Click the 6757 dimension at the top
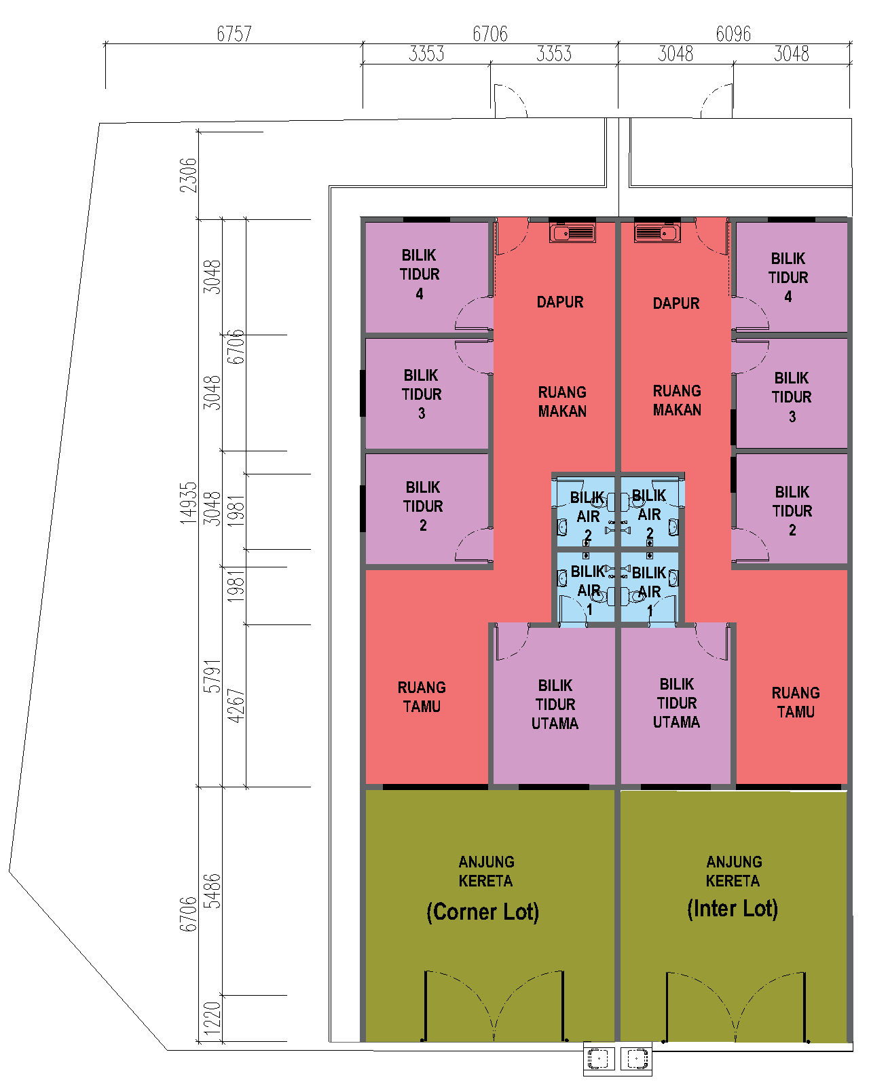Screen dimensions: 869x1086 coord(234,34)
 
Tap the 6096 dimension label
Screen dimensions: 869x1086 coord(733,34)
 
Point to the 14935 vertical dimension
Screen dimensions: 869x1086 coord(188,503)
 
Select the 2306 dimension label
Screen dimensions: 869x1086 coord(188,175)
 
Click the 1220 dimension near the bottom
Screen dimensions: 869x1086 coord(212,1018)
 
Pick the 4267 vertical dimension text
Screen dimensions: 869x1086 coord(236,705)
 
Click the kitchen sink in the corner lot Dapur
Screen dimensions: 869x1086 coord(572,233)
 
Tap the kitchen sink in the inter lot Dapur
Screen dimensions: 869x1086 coord(657,233)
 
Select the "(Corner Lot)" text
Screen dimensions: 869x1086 coord(483,912)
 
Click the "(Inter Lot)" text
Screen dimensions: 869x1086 coord(733,909)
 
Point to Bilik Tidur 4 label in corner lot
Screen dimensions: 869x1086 coord(420,274)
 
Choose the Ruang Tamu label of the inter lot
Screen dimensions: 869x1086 coord(796,702)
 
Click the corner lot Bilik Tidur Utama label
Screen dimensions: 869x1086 coord(555,704)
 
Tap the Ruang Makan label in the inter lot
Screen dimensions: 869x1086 coord(677,400)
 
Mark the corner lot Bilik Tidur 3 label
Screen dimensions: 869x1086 coord(422,394)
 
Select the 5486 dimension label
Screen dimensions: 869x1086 coord(212,891)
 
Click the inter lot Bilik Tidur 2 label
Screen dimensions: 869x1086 coord(792,510)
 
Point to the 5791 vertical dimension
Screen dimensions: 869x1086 coord(212,676)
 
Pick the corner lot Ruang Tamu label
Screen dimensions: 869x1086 coord(422,697)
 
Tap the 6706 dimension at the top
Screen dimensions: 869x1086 coord(489,34)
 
